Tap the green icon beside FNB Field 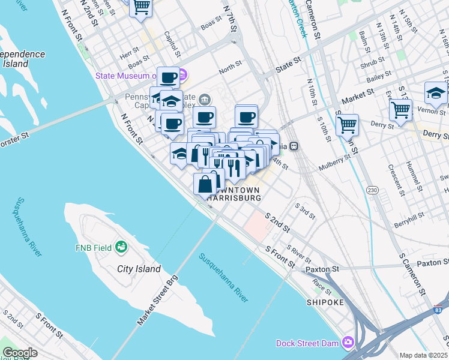(x=122, y=246)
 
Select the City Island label (x=139, y=269)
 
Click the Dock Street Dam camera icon (x=348, y=343)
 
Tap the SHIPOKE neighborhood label (x=325, y=302)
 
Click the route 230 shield (x=373, y=190)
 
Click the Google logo (x=20, y=353)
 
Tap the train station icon (x=294, y=146)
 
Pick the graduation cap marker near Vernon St (x=435, y=93)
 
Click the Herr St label (x=129, y=53)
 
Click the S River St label (x=298, y=253)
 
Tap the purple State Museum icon (x=183, y=76)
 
